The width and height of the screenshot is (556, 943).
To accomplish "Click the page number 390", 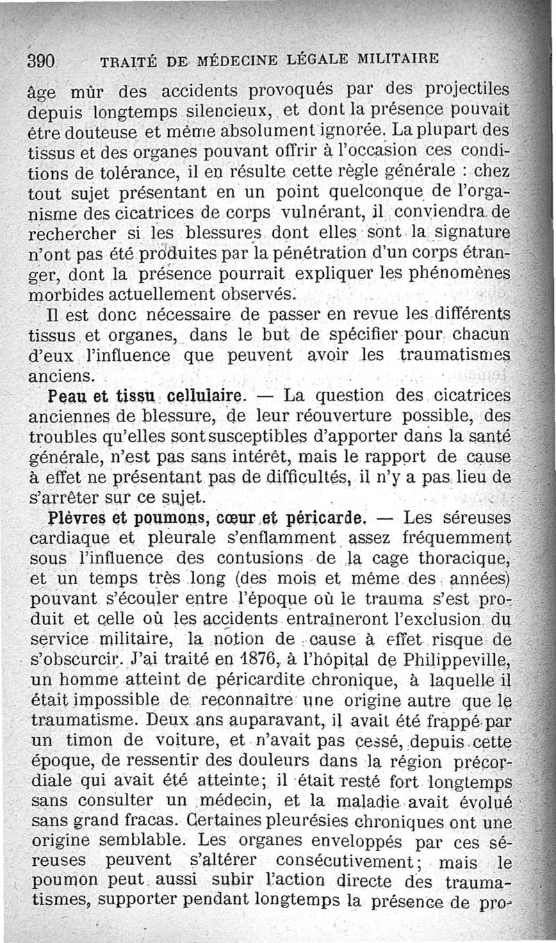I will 41,61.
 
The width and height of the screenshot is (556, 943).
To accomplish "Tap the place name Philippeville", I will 457,659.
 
